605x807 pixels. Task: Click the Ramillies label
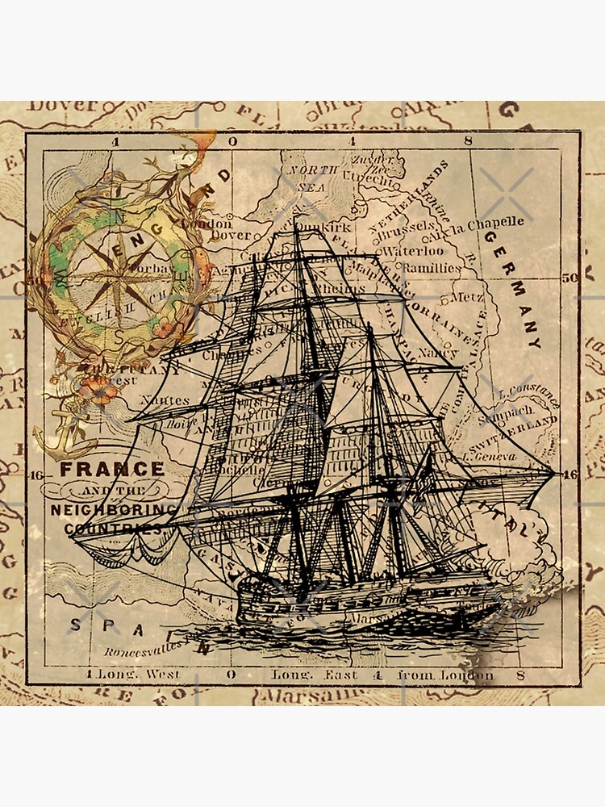coord(431,267)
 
